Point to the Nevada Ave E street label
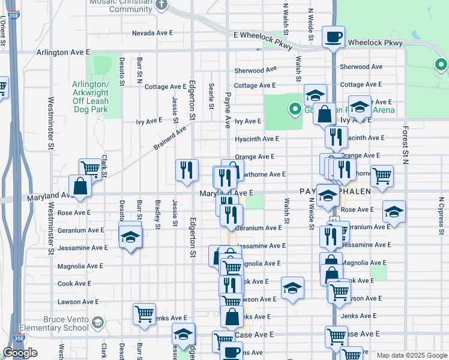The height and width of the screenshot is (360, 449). coord(152,33)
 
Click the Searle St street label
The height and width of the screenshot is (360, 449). coord(211,96)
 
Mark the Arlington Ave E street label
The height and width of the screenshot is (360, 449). coord(63,53)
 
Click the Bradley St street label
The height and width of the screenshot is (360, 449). coord(158,215)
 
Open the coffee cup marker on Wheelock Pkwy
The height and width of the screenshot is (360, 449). coord(333,38)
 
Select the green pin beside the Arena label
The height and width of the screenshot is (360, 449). coord(295,109)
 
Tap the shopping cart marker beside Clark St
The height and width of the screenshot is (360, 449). coord(91,169)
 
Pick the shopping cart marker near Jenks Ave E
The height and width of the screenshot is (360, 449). coord(144,313)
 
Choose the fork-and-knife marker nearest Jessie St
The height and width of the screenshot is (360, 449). coord(187,170)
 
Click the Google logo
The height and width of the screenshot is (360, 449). coord(20,353)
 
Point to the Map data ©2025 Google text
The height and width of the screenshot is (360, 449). coord(412,355)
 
